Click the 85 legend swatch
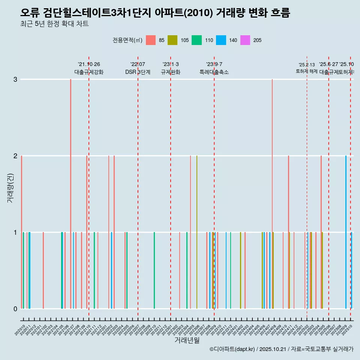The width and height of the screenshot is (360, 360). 151,40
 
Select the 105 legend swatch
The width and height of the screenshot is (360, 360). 172,40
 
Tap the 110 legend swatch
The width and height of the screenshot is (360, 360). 196,40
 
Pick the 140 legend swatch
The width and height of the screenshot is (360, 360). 221,40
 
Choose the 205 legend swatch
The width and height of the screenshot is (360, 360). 245,40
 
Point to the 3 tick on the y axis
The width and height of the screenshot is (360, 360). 15,79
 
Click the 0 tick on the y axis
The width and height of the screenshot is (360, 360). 15,309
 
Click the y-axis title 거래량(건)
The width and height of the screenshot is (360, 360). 10,187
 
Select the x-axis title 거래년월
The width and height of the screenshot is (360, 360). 187,340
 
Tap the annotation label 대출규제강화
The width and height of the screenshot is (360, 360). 89,72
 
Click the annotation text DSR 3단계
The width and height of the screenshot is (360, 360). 138,72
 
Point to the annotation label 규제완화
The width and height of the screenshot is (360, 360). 171,72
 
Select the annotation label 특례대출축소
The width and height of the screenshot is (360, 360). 214,72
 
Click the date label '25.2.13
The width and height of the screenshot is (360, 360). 307,65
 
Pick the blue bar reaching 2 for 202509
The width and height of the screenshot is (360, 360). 346,232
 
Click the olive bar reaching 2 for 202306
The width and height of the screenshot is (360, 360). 197,232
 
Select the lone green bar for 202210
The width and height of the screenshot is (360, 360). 154,270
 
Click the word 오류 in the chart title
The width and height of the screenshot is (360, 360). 30,13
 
